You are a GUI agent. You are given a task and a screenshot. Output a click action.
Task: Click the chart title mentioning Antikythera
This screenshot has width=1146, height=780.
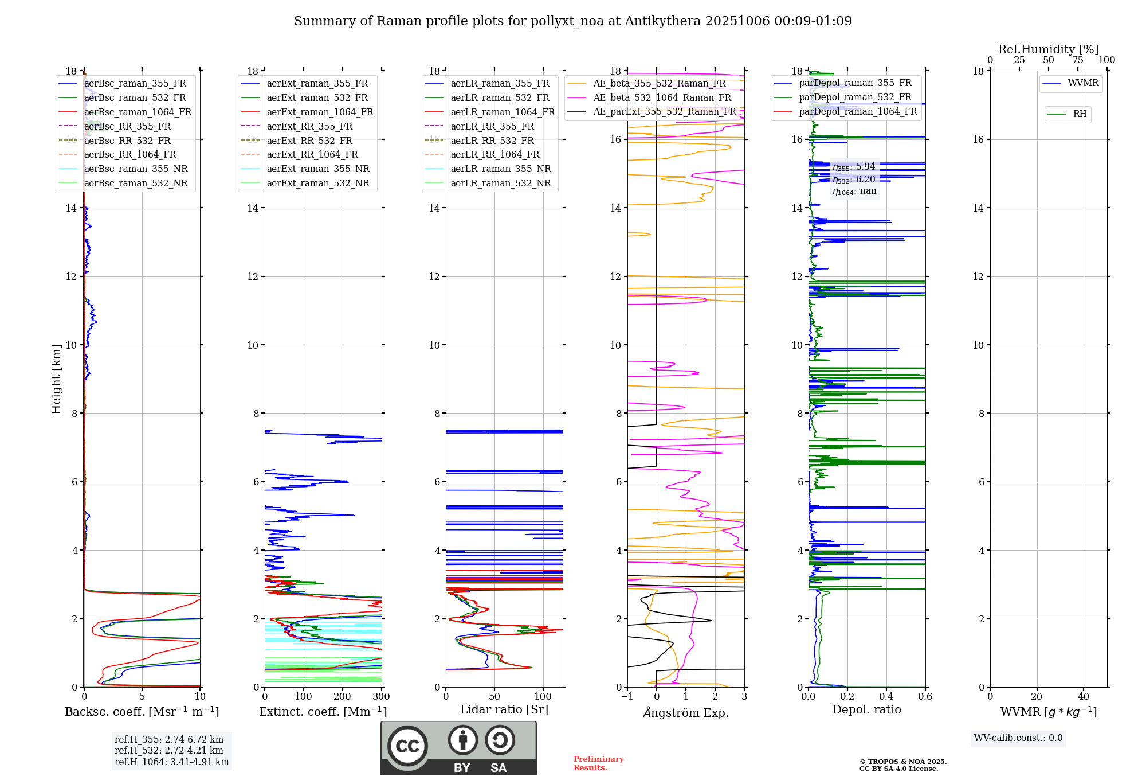572,21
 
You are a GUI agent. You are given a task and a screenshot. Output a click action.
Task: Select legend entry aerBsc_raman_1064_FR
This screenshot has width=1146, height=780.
138,112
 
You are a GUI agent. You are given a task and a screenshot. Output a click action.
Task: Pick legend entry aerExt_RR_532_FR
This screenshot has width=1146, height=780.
309,141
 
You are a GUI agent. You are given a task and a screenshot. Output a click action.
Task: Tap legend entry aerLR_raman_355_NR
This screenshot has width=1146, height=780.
500,169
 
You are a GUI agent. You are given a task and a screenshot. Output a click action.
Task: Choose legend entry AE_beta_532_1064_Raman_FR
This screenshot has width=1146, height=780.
662,98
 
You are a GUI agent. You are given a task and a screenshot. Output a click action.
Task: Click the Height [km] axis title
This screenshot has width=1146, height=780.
56,379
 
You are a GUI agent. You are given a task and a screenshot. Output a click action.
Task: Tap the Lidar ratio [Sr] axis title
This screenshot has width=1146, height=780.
504,710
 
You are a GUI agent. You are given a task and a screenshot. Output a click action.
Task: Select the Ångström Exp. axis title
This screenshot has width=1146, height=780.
686,713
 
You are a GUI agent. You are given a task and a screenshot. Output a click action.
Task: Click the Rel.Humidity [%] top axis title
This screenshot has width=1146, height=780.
1048,49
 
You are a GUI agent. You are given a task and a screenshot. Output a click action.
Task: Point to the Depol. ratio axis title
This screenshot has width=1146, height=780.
866,710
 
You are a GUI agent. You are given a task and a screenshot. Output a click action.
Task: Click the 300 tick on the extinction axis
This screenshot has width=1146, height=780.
381,697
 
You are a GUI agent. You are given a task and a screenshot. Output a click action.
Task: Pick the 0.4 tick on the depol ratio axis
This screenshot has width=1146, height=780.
886,697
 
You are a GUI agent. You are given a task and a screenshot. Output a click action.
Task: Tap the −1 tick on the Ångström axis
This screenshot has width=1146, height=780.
627,697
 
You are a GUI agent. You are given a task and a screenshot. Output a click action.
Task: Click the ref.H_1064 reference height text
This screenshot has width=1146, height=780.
171,762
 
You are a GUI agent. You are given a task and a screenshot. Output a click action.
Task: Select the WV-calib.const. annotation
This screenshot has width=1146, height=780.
1018,738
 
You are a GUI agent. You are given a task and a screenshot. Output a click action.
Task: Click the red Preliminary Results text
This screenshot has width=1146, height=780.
598,763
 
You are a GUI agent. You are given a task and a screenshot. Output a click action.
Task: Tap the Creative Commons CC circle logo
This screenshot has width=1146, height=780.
407,746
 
